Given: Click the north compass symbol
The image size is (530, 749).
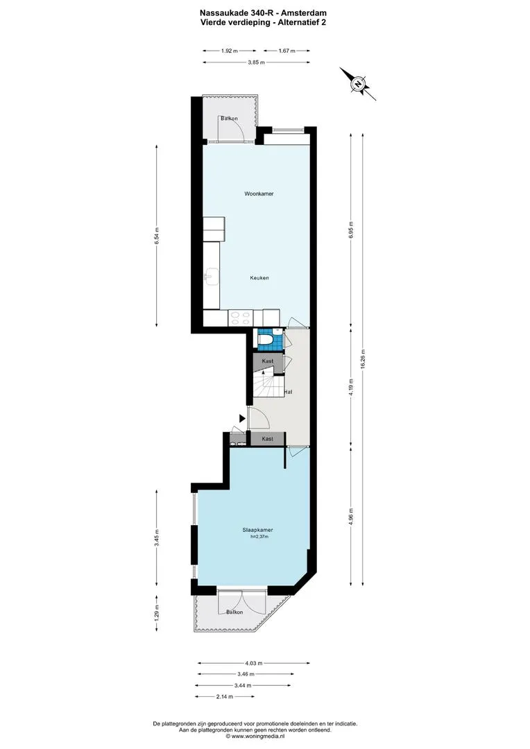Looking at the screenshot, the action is coord(358,84).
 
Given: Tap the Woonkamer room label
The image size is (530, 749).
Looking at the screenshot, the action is coord(259,194).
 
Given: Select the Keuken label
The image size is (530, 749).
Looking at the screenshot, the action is coord(259,278).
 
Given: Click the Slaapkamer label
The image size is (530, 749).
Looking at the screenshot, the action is coord(257,531).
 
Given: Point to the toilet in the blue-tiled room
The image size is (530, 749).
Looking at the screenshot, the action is coord(265,340).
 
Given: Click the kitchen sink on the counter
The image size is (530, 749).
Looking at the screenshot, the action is coord(211,275).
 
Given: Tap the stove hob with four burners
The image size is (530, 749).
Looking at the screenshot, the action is coord(241,318).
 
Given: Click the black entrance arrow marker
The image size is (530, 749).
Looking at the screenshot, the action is coord(242,418).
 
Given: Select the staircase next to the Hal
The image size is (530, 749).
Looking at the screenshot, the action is coord(268,384).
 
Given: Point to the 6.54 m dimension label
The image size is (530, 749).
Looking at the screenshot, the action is coord(157,236).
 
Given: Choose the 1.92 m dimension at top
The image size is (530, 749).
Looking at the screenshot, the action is coord(230,51).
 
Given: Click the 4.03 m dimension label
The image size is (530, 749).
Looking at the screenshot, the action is coord(254,663).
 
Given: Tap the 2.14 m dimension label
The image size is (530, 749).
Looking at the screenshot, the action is coord(225,696).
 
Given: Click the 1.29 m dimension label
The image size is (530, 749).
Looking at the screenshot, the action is coord(157,613).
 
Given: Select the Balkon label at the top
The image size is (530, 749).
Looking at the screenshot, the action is coord(229,119).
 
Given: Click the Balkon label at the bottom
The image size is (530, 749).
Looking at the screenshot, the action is coord(234,612).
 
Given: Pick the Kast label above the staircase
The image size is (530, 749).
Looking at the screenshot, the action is coord(268,361).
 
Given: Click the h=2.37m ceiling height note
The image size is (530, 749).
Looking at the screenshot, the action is coord(259,537).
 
